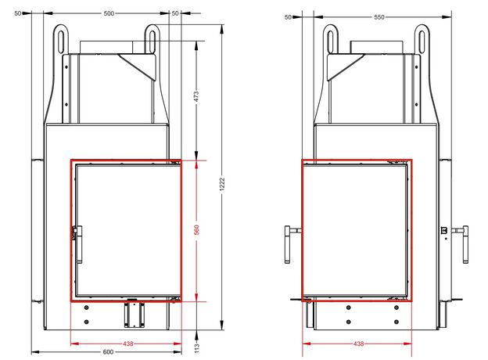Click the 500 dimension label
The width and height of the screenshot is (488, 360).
pyautogui.click(x=109, y=13)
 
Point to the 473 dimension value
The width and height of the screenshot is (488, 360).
pyautogui.click(x=196, y=96)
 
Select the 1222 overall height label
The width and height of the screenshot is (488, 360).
pyautogui.click(x=222, y=185)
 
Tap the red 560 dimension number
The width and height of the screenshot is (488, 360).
pyautogui.click(x=196, y=230)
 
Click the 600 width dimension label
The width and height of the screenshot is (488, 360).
pyautogui.click(x=108, y=352)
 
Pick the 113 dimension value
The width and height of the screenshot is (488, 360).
pyautogui.click(x=196, y=347)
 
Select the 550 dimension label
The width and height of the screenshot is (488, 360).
pyautogui.click(x=379, y=17)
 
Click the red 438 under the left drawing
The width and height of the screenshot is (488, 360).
pyautogui.click(x=128, y=344)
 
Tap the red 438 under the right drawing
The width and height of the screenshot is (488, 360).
pyautogui.click(x=358, y=344)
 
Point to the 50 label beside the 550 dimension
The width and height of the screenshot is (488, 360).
pyautogui.click(x=288, y=17)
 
